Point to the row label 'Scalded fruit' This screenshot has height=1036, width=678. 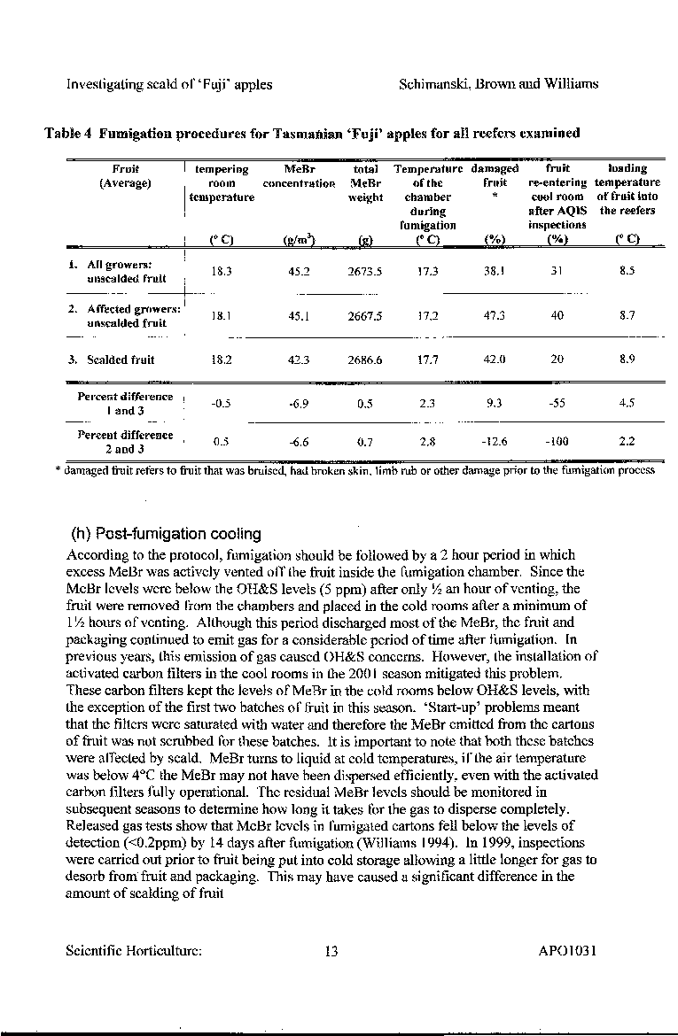point(117,360)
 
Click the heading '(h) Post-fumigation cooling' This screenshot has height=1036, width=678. point(166,534)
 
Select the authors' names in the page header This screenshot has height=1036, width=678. point(499,84)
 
